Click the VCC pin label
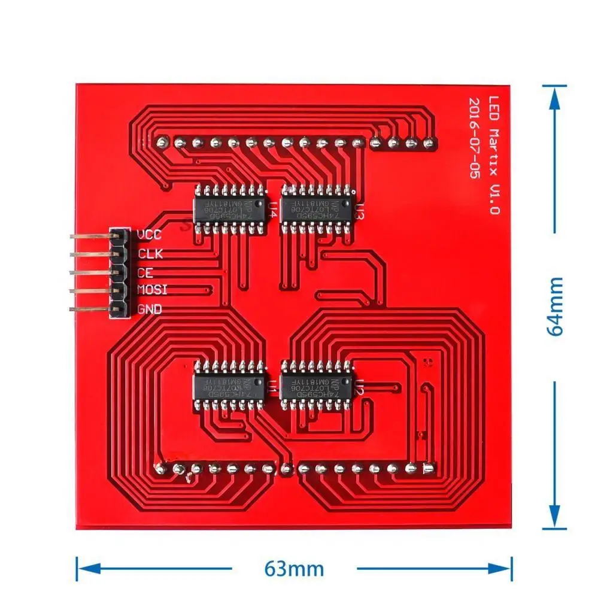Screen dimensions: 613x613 (149, 235)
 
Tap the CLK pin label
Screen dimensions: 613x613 (150, 254)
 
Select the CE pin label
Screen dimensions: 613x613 (145, 272)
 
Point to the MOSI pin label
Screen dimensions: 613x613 (152, 291)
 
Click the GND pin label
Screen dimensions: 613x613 (149, 309)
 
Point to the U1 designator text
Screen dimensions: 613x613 (272, 387)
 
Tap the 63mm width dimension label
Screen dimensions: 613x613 (294, 568)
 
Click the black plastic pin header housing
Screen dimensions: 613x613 (119, 272)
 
